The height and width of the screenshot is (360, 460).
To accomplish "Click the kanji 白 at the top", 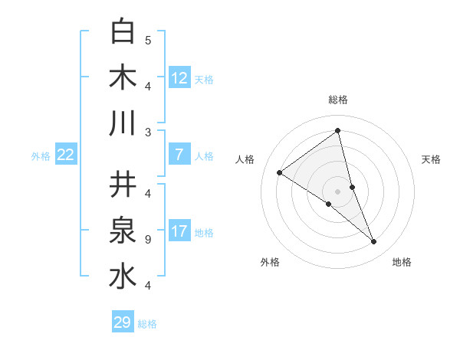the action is click(123, 32).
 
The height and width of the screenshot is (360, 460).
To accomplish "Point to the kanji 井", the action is click(123, 184).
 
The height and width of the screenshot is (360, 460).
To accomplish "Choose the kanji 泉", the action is click(123, 230).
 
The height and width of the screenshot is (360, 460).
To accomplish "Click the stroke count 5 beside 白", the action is click(147, 40).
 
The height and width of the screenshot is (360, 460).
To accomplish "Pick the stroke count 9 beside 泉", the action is click(147, 240).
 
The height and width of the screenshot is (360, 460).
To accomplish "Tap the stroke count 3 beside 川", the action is click(147, 133).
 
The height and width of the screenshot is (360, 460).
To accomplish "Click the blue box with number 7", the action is click(179, 155).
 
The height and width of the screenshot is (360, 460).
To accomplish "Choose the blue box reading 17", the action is click(179, 231).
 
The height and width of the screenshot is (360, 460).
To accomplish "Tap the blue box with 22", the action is click(66, 155).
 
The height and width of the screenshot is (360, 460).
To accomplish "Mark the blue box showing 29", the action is click(123, 322).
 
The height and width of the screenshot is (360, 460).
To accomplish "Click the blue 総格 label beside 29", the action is click(148, 324).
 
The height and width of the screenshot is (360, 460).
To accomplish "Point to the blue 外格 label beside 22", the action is click(41, 156).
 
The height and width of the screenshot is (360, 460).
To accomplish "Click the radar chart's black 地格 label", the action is click(402, 262).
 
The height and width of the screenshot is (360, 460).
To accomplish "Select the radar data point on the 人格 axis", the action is click(280, 172).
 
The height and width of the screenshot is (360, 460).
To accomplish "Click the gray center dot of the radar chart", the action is click(338, 191).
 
